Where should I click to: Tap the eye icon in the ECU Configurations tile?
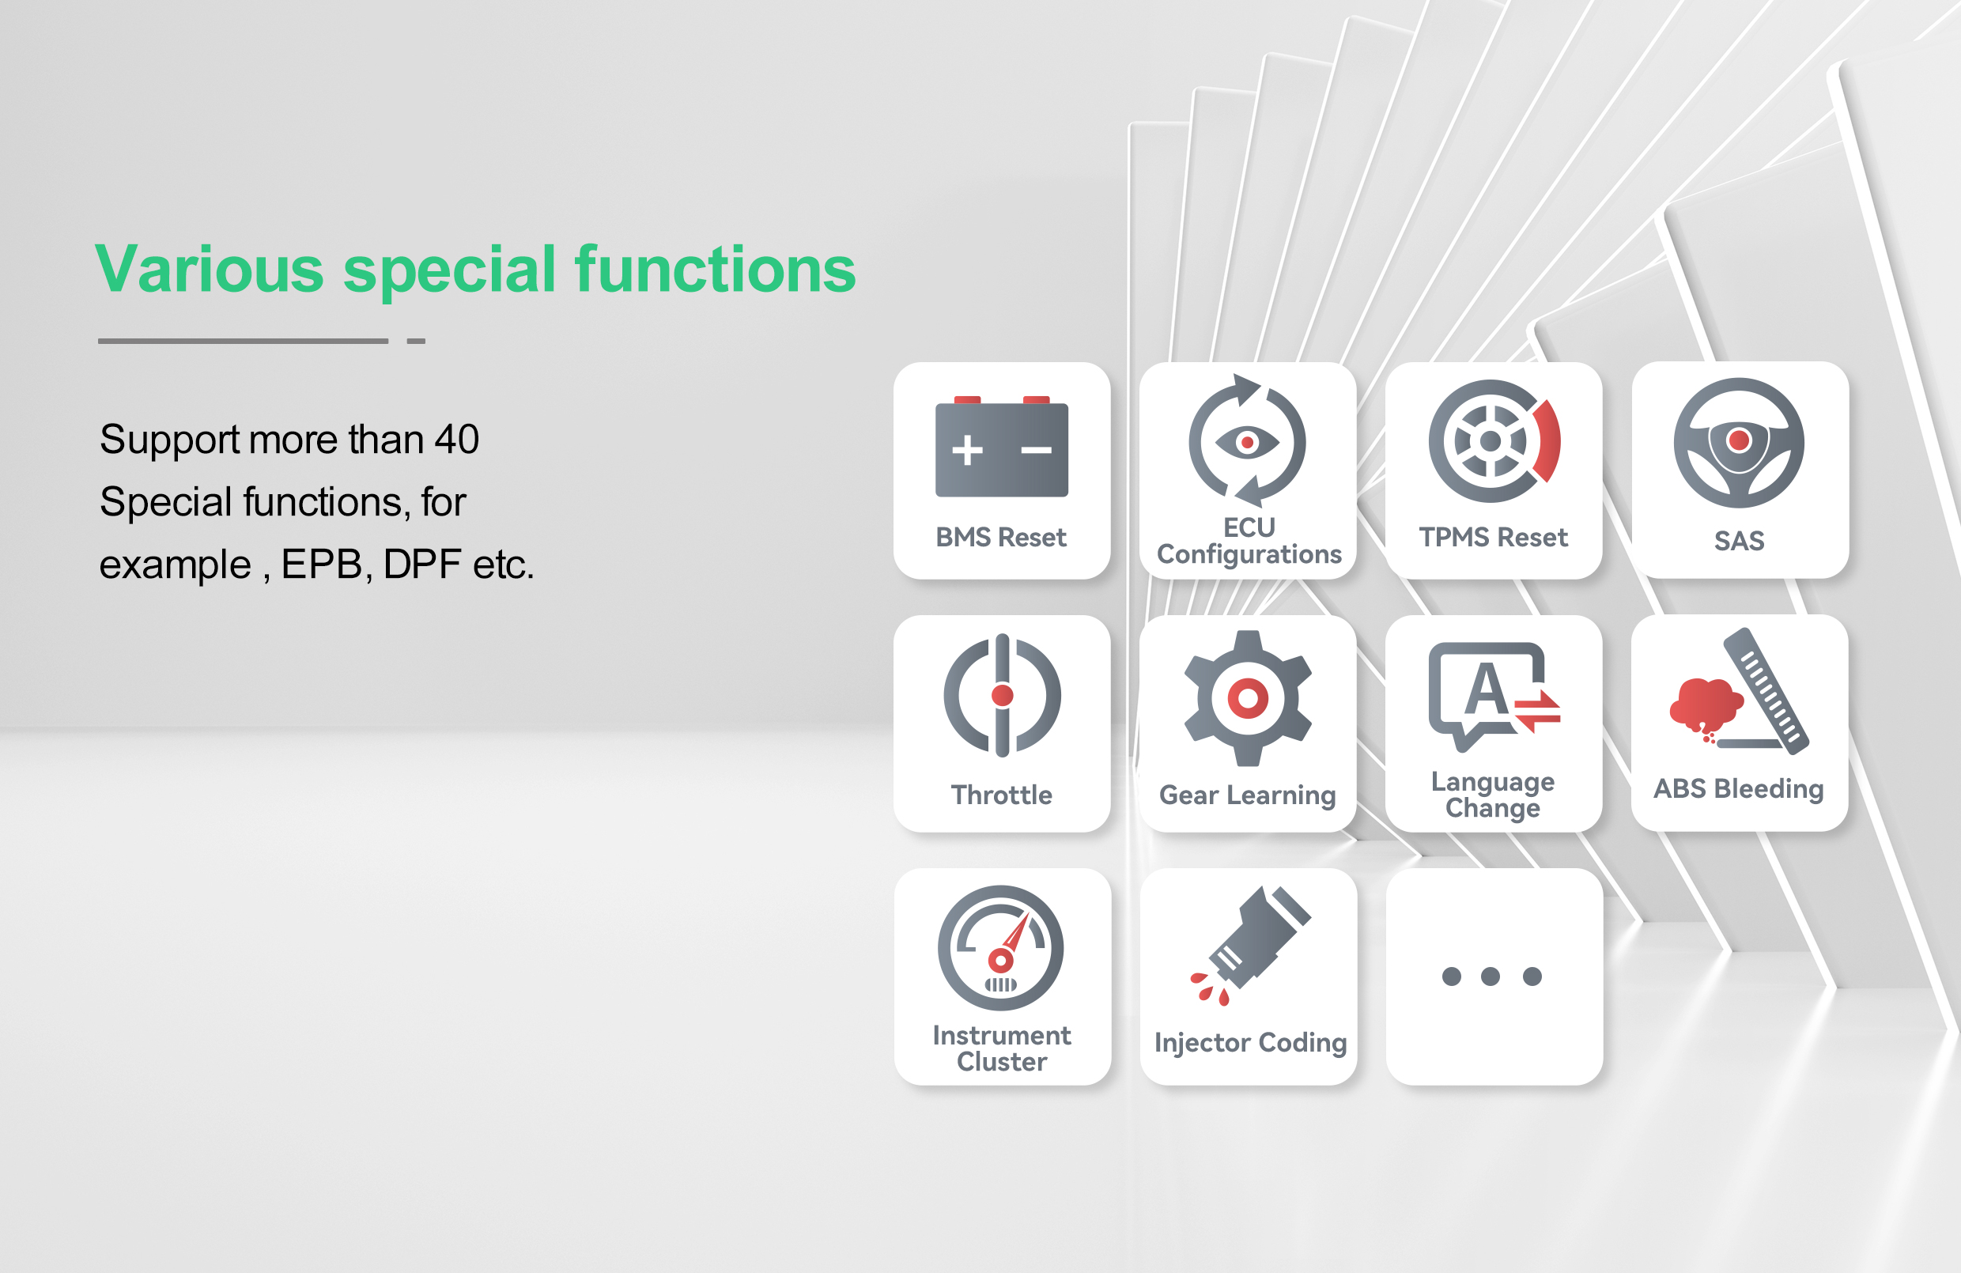point(1247,444)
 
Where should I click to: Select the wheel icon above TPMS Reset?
point(1494,441)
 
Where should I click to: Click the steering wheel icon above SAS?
point(1739,444)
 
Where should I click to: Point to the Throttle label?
point(1001,795)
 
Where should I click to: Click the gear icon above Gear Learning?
point(1248,699)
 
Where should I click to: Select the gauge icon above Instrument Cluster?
point(1000,948)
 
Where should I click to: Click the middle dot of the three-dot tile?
point(1491,976)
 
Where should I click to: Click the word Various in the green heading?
point(210,270)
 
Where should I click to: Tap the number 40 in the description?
point(456,439)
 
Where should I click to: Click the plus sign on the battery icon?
point(967,450)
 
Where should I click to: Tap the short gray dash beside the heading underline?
point(416,340)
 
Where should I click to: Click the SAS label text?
point(1740,542)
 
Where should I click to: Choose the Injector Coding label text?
point(1251,1043)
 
